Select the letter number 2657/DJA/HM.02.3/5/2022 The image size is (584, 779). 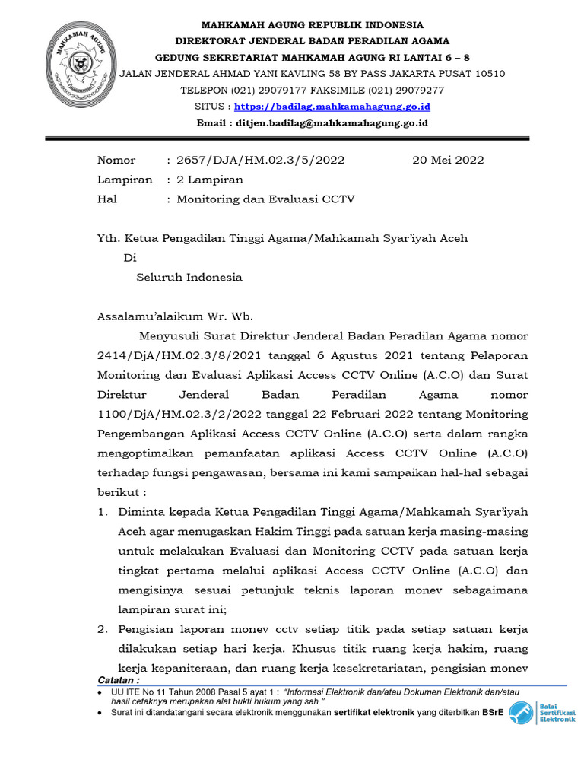260,160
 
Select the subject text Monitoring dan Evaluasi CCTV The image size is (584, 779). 265,199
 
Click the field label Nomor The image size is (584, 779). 116,160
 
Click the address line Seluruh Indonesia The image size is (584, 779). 189,277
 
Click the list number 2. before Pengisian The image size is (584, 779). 103,630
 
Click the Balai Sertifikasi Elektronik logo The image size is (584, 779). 541,713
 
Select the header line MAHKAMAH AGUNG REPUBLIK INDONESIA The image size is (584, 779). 313,25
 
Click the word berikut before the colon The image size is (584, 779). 116,492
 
